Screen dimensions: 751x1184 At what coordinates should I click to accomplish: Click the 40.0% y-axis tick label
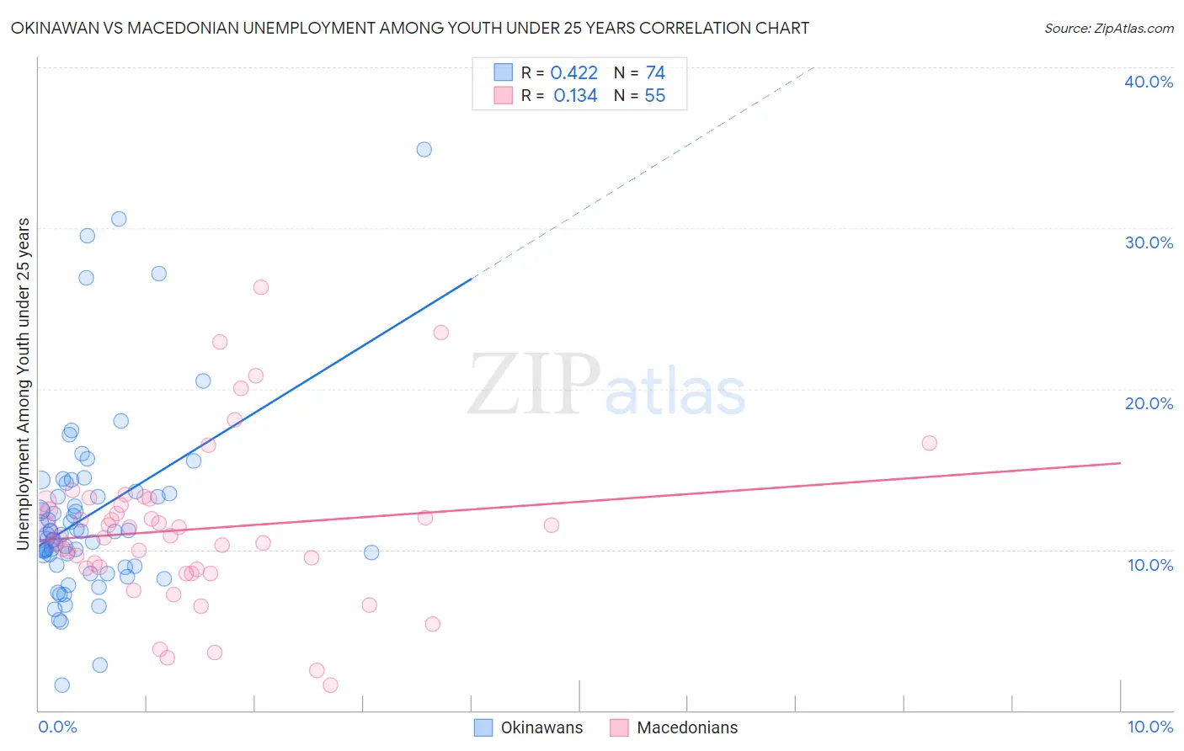coord(1149,82)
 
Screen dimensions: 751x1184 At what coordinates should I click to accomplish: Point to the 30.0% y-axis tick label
coord(1149,242)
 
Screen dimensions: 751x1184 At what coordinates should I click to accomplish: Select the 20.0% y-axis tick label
coord(1149,403)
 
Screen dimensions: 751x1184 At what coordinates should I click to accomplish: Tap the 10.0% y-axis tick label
coord(1150,565)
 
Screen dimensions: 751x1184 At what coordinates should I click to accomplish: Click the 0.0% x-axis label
coord(57,727)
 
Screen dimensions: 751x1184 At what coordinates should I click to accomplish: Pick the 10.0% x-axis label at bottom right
coord(1150,727)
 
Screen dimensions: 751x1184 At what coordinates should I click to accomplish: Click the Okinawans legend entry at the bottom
coord(529,727)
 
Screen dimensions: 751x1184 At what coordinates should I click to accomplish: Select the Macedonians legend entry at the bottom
coord(674,727)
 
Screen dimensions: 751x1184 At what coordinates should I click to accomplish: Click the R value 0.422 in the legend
coord(573,73)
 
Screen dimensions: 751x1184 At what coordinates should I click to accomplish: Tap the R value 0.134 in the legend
coord(575,96)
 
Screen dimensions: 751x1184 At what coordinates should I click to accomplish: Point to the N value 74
coord(655,73)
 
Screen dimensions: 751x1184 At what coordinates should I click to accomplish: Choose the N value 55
coord(654,96)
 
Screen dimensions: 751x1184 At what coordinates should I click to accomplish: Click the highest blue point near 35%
coord(424,149)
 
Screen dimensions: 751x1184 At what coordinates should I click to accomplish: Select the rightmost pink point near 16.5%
coord(929,443)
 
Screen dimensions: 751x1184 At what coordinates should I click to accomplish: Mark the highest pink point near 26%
coord(261,287)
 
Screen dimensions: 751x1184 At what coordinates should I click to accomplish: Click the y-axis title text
coord(24,384)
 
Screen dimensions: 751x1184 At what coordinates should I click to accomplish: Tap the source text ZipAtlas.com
coord(1108,29)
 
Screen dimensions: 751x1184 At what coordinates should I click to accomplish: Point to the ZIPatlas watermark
coord(606,386)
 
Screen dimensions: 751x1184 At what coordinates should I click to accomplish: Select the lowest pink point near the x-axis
coord(330,684)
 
